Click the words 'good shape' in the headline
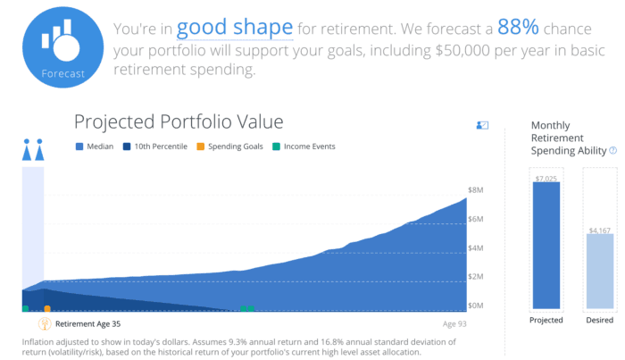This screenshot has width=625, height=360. click(235, 28)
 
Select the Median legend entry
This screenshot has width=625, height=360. click(93, 147)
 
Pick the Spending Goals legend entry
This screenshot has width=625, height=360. click(229, 147)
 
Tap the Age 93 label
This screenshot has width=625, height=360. click(454, 324)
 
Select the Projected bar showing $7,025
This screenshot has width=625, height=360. click(546, 245)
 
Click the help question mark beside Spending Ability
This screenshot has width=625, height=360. click(612, 151)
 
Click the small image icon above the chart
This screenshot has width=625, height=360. click(483, 126)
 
